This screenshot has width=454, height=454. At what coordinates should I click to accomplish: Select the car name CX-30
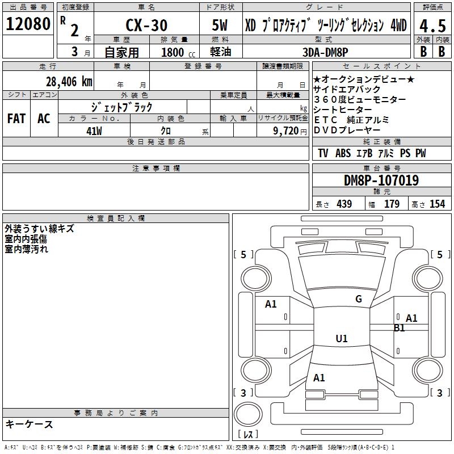(x=146, y=26)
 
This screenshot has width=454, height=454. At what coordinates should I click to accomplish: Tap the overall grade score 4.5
(x=432, y=26)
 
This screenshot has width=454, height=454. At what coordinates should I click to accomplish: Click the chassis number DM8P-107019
(x=381, y=180)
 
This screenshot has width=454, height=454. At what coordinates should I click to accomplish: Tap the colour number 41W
(x=94, y=131)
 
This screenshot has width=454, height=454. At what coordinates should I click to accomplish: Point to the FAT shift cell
(x=16, y=119)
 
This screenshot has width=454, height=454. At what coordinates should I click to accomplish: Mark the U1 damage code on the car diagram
(x=341, y=339)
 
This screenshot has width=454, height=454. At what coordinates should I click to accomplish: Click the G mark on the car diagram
(x=359, y=299)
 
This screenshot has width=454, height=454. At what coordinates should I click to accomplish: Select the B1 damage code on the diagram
(x=400, y=327)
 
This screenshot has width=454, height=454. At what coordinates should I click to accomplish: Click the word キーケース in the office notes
(x=30, y=424)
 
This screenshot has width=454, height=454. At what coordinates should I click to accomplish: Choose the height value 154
(x=437, y=204)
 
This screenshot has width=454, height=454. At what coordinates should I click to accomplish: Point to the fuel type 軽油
(x=220, y=52)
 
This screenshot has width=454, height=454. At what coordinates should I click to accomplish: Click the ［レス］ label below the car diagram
(x=250, y=434)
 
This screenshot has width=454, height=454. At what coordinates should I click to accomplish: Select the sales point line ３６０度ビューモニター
(x=360, y=100)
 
